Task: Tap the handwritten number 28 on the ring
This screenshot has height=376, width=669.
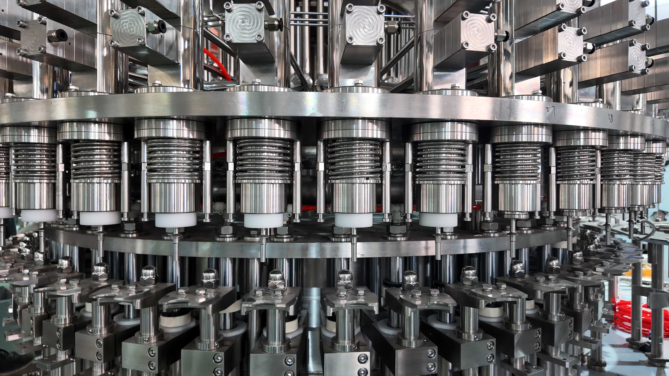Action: point(611,118)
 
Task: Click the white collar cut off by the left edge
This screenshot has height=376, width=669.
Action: point(5,212)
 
